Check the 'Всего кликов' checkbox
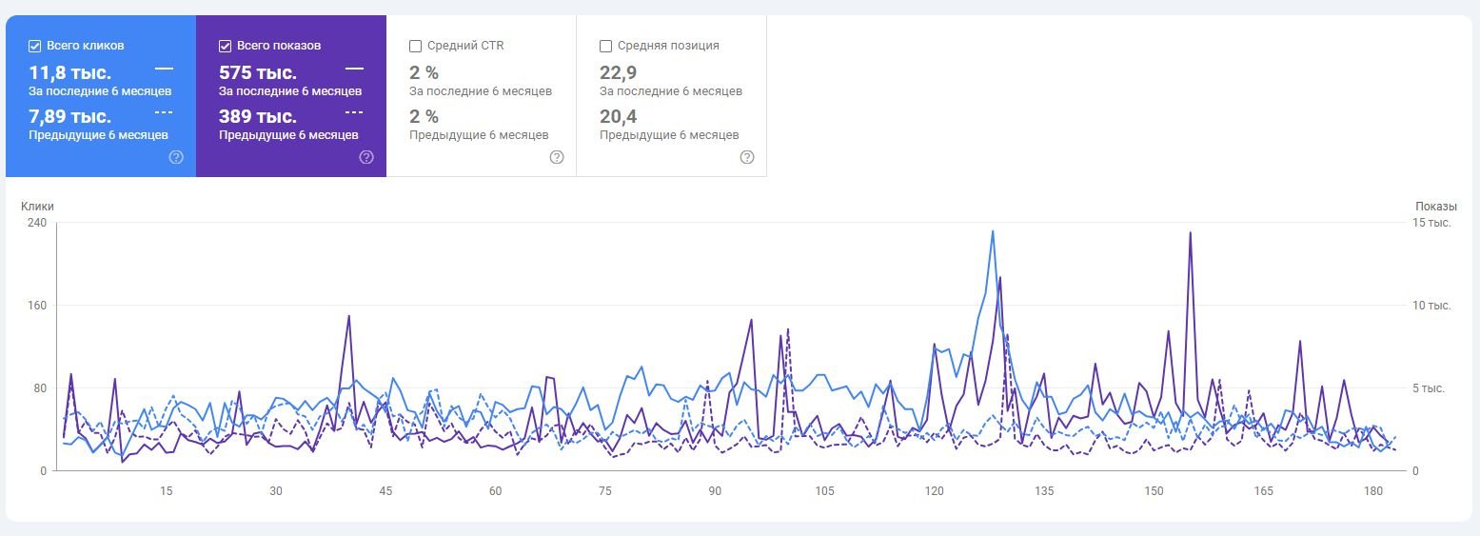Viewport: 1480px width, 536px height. point(35,46)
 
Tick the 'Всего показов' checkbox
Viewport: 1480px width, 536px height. point(225,46)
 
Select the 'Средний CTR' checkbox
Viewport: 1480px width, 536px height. point(415,46)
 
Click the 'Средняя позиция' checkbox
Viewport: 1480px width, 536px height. point(605,46)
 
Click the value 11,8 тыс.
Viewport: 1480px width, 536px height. point(70,72)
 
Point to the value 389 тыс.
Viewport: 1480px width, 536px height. point(258,116)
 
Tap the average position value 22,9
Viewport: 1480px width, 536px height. point(618,72)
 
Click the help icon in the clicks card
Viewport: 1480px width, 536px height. point(176,157)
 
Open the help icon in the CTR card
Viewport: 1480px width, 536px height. point(557,157)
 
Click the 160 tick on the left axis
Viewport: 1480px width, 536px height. point(37,306)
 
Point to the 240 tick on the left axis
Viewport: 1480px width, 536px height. point(37,223)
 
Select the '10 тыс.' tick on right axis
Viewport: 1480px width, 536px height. point(1431,306)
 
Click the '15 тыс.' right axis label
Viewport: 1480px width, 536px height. point(1431,223)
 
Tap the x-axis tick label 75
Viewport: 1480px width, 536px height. point(605,491)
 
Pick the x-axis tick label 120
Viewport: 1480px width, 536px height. point(935,491)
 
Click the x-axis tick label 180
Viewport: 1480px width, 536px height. point(1373,491)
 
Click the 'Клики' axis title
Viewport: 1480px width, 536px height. point(38,207)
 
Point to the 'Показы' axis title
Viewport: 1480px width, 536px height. point(1435,207)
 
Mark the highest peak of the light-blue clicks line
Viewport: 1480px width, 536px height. point(993,231)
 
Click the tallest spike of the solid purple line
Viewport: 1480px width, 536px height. point(1191,232)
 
